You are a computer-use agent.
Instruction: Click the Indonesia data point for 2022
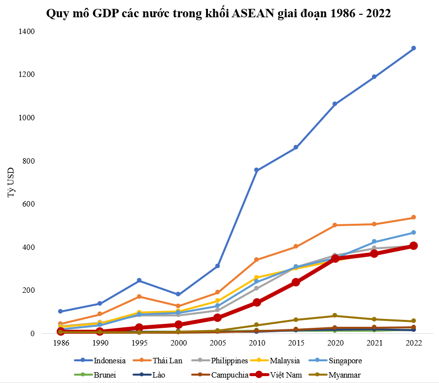[x=413, y=48]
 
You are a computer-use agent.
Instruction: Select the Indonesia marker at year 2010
[x=257, y=170]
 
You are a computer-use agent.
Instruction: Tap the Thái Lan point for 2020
[x=335, y=225]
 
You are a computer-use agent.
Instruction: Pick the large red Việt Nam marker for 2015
[x=296, y=282]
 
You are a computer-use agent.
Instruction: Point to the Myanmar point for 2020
[x=335, y=315]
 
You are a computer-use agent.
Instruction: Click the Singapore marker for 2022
[x=413, y=232]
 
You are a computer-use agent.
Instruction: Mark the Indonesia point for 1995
[x=139, y=280]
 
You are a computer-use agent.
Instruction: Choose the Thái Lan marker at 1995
[x=139, y=296]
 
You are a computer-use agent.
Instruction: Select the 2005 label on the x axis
[x=217, y=342]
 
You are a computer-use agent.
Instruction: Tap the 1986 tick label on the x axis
[x=61, y=342]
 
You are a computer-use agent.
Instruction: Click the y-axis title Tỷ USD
[x=11, y=182]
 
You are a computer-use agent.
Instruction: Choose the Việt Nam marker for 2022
[x=413, y=245]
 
